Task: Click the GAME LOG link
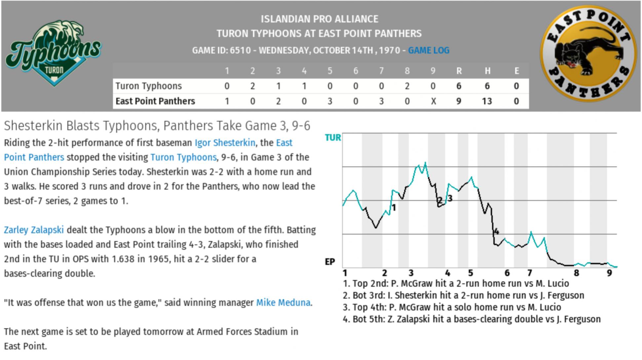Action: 429,51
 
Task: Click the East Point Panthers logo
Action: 588,53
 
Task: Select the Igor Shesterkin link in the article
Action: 225,143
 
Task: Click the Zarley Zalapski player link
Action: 34,230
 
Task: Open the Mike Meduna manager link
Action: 283,302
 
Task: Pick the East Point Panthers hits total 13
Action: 487,101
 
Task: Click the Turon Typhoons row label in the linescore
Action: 148,86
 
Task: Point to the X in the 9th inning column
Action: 433,101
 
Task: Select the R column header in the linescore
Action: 459,71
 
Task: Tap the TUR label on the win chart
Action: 333,138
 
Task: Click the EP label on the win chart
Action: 330,262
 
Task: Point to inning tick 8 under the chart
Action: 576,273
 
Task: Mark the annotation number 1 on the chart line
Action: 394,208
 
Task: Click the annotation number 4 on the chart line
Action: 496,232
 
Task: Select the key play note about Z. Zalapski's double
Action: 472,319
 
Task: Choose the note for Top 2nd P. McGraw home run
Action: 456,284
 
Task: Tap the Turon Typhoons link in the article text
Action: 183,157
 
